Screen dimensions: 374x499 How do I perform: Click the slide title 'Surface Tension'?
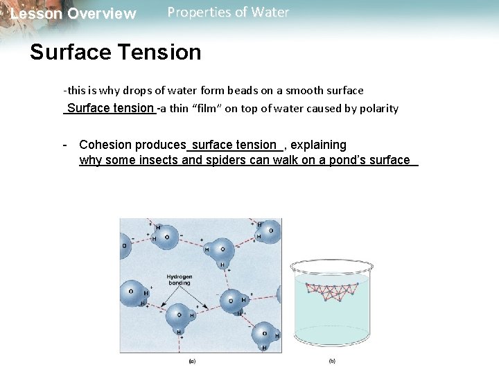pos(115,52)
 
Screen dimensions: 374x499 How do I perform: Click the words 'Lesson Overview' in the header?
pos(73,14)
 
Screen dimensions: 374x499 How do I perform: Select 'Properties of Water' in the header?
pos(228,12)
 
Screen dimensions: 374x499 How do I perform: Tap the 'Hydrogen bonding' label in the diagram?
pos(180,280)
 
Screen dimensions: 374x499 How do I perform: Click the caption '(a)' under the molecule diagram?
pos(192,361)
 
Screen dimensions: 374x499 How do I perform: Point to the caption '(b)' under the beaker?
pos(332,361)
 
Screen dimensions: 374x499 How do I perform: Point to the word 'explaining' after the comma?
pos(319,145)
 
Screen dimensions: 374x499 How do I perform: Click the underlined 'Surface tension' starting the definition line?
pos(110,108)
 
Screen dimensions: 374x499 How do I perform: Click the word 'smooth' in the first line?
pos(301,91)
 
